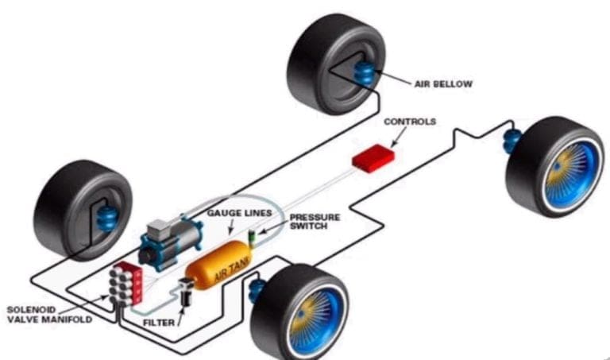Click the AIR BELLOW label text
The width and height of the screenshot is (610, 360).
click(x=443, y=83)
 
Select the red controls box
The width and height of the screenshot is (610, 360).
click(x=374, y=157)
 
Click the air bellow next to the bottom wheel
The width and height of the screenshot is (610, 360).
click(x=257, y=292)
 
